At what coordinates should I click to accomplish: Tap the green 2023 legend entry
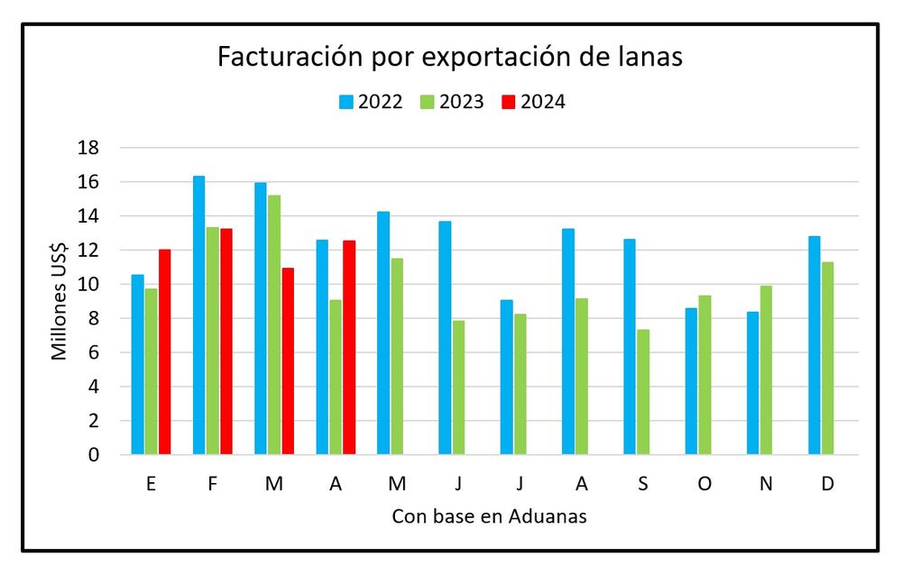coord(452,102)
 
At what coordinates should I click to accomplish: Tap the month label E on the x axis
coord(151,484)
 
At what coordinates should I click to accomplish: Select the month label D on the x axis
coord(828,484)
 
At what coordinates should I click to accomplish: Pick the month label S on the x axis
coord(643,484)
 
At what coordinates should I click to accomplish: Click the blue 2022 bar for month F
coord(199,315)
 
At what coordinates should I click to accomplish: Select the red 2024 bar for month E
coord(164,352)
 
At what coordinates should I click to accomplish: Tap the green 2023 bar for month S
coord(643,392)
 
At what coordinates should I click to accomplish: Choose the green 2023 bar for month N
coord(766,370)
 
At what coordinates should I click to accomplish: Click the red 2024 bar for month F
coord(225,342)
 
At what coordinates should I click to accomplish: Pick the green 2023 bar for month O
coord(704,375)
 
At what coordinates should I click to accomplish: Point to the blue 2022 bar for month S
coord(630,347)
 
